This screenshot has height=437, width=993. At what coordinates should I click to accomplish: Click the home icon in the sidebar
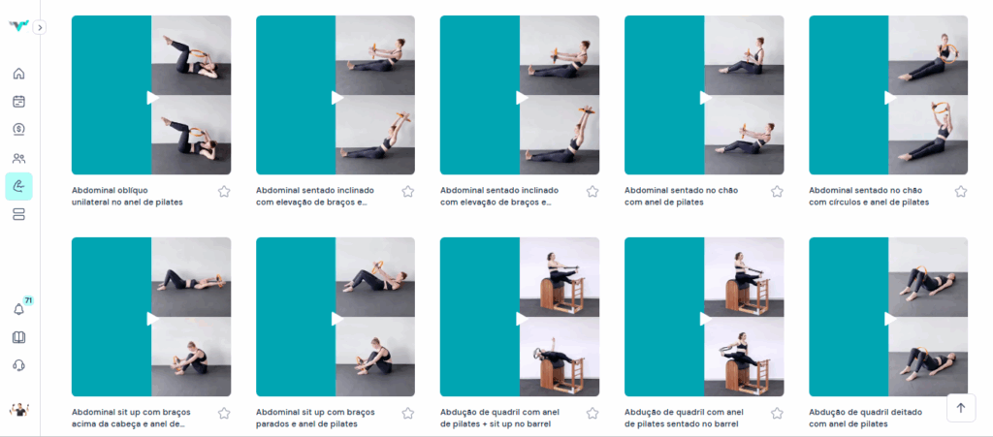click(19, 74)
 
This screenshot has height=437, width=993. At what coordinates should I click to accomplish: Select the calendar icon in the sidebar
click(19, 101)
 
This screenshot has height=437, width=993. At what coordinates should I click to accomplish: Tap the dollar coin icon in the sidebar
click(19, 130)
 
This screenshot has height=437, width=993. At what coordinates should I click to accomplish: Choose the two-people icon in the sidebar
click(19, 158)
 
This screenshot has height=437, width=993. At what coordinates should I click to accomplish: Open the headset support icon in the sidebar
click(19, 365)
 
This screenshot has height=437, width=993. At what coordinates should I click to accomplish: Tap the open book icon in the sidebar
click(19, 337)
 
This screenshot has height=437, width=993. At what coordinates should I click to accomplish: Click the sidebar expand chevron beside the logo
click(39, 27)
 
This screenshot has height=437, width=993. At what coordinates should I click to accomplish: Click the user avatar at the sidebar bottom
click(19, 410)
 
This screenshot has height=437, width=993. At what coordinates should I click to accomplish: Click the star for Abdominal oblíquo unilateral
click(224, 192)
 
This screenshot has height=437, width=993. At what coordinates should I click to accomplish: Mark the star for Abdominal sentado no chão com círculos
click(961, 192)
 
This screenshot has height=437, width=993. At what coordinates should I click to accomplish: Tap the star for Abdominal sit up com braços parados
click(408, 413)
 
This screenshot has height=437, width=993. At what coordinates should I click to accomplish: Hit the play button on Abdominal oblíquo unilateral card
click(152, 98)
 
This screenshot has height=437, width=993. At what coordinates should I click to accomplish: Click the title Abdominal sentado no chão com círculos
click(869, 196)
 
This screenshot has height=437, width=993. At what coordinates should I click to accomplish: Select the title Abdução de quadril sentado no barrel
click(683, 418)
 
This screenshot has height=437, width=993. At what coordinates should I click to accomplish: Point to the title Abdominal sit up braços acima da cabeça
click(131, 418)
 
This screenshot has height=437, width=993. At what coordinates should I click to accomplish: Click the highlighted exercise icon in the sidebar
click(19, 187)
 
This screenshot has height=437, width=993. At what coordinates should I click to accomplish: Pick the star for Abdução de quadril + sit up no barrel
click(593, 413)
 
